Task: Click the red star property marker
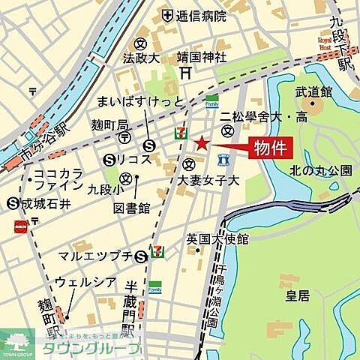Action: pos(201,143)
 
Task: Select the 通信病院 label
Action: pos(198,15)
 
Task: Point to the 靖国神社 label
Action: pos(201,55)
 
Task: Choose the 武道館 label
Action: pos(313,91)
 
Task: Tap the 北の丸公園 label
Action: pos(320,170)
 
